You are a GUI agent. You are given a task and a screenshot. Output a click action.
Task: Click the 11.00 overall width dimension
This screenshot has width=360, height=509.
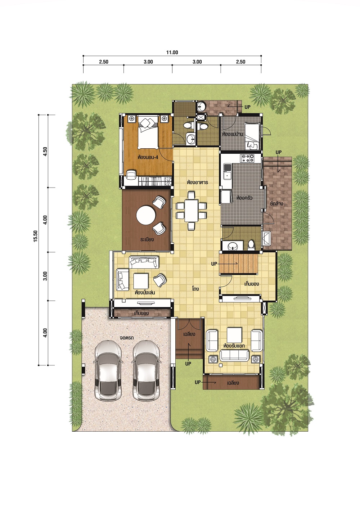(x=172, y=52)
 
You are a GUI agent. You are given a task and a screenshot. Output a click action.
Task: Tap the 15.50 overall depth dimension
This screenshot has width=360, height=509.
(x=35, y=236)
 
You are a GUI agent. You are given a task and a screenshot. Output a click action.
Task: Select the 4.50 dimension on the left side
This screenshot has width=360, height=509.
(x=45, y=151)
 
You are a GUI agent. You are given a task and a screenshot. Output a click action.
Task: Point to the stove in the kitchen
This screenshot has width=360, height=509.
(x=248, y=158)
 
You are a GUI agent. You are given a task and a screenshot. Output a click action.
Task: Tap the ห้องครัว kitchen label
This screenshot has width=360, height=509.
(x=244, y=198)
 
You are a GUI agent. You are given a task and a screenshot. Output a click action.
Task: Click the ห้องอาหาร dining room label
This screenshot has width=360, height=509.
(x=198, y=182)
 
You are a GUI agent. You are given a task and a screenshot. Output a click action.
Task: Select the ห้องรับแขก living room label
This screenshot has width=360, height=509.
(x=234, y=346)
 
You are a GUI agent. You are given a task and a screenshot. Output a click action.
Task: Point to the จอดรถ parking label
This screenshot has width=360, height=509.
(x=127, y=338)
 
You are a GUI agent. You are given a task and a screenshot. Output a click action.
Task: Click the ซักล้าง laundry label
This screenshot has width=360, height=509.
(x=276, y=204)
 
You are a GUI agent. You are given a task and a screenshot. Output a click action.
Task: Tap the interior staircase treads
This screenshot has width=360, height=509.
(x=238, y=264)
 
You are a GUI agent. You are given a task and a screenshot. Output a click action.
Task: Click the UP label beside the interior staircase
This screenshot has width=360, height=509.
(x=214, y=264)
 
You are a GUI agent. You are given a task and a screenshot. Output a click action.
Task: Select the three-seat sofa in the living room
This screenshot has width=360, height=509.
(x=234, y=355)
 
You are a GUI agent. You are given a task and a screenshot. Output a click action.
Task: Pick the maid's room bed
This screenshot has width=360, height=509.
(x=252, y=136)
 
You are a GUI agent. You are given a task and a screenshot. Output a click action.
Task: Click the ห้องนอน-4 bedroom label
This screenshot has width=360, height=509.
(x=148, y=157)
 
